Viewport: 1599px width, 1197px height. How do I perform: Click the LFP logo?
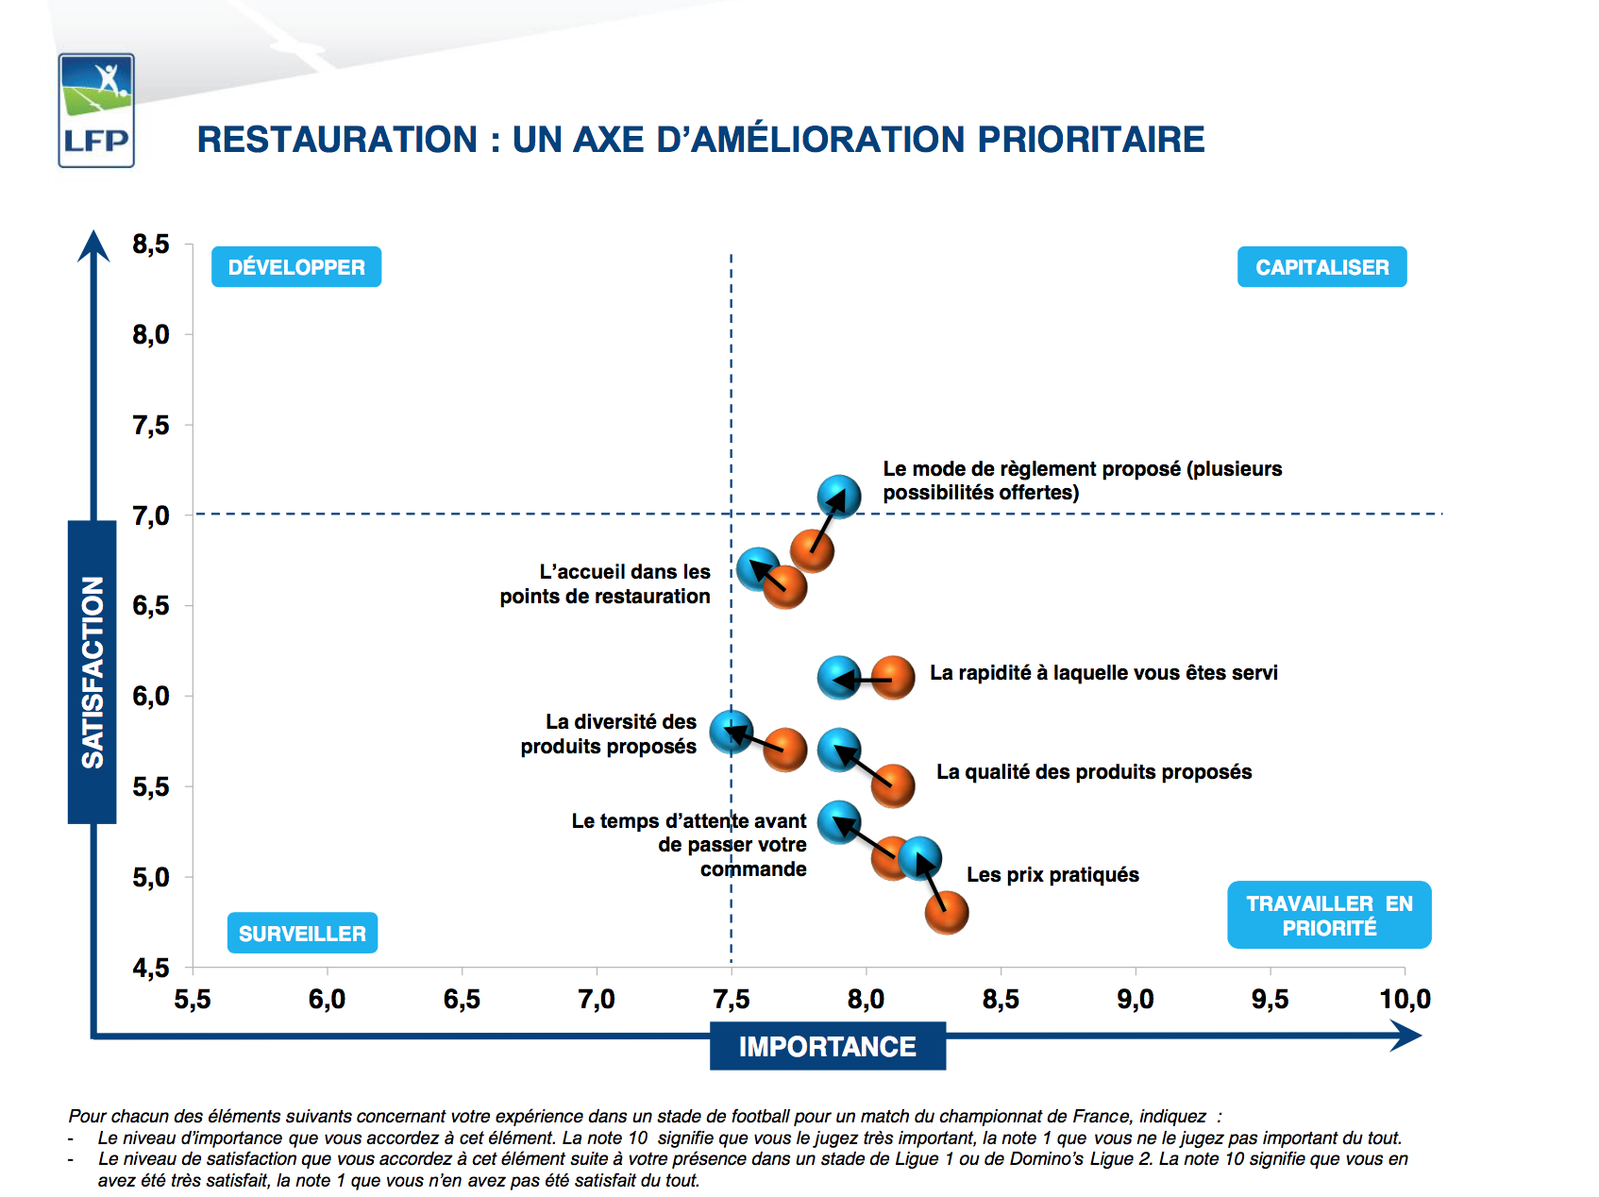96,110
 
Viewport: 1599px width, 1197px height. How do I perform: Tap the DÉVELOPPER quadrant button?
296,267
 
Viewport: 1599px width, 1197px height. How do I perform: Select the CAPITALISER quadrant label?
1321,267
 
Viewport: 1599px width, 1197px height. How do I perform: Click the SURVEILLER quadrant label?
302,933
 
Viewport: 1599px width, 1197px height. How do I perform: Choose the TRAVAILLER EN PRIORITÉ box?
1329,915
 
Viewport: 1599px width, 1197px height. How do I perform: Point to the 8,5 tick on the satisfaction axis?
151,244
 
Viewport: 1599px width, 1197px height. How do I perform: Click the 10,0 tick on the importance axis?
1405,999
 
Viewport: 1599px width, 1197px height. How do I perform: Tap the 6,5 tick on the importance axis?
462,999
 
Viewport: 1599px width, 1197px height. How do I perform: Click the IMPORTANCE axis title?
827,1046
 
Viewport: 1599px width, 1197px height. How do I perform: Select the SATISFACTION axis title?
93,671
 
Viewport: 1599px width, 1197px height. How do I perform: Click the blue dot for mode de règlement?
839,497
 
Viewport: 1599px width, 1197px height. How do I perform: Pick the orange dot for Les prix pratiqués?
947,912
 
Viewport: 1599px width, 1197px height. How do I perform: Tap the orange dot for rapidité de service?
893,678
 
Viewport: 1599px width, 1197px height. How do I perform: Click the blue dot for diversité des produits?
732,732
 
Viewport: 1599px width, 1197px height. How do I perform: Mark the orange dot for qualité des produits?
893,785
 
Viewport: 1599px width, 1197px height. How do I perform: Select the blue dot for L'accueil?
758,569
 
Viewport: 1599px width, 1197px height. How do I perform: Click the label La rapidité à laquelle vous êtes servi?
1103,673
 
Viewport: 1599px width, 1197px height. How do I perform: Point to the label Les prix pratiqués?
1052,875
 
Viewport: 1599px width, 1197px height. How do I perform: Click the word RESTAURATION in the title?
337,140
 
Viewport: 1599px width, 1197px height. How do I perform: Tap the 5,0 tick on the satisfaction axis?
151,878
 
